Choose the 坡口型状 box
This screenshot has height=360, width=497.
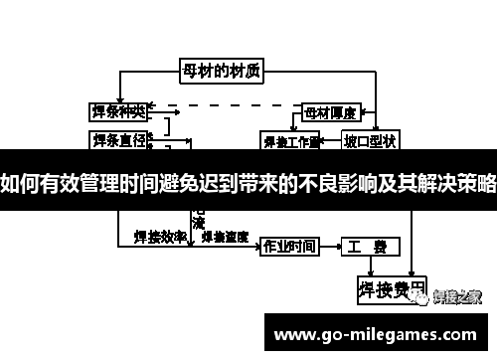(369, 140)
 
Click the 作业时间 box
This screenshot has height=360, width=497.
(289, 246)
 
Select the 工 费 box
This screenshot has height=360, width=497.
(372, 246)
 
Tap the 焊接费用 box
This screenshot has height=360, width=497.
(391, 289)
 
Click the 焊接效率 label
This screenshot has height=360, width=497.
(159, 238)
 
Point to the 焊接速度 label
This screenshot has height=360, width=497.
(225, 238)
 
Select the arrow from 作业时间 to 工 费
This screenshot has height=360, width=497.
(331, 246)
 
